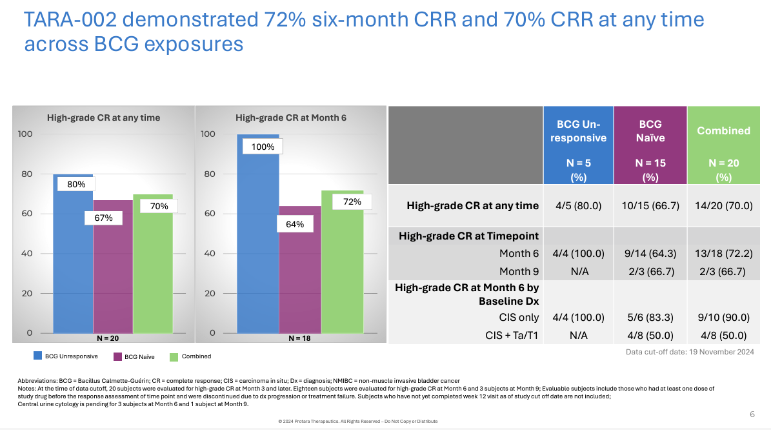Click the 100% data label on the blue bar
263,147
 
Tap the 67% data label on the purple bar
104,218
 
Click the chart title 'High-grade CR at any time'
103,118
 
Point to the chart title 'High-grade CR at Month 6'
290,118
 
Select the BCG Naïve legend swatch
118,356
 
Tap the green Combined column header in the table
724,145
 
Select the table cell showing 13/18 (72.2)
724,254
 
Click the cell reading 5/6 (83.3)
651,317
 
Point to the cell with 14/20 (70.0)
724,206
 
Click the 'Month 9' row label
519,271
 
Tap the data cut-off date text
690,352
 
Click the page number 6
752,414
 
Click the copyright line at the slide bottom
357,421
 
